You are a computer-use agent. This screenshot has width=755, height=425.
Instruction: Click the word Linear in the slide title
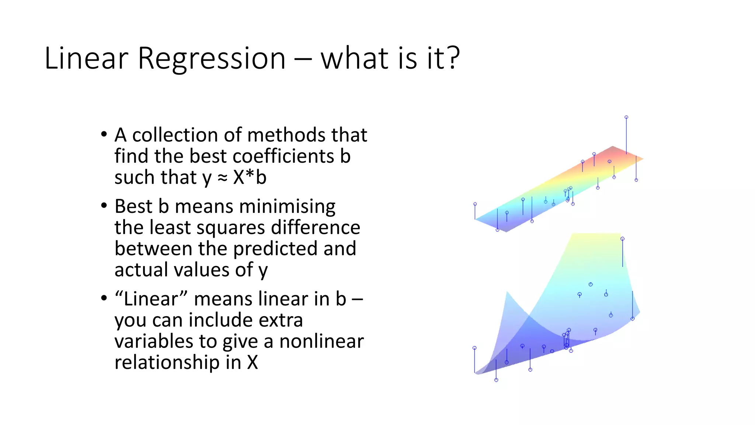pyautogui.click(x=86, y=58)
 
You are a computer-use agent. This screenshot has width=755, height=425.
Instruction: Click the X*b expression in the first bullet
pyautogui.click(x=250, y=177)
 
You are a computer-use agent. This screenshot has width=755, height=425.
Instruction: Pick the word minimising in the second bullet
pyautogui.click(x=255, y=206)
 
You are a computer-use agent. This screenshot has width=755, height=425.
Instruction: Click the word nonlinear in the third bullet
pyautogui.click(x=321, y=341)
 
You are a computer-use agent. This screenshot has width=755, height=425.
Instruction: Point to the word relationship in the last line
pyautogui.click(x=167, y=362)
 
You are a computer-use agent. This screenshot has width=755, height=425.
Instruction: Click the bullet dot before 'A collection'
pyautogui.click(x=104, y=134)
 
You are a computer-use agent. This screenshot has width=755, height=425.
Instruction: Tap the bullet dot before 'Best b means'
pyautogui.click(x=104, y=205)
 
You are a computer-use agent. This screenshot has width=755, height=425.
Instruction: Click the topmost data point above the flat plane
pyautogui.click(x=626, y=117)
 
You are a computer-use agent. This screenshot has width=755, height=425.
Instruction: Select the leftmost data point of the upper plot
pyautogui.click(x=475, y=204)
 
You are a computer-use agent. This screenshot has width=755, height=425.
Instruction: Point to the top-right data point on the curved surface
pyautogui.click(x=623, y=239)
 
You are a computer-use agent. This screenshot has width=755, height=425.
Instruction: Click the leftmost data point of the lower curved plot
pyautogui.click(x=474, y=348)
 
